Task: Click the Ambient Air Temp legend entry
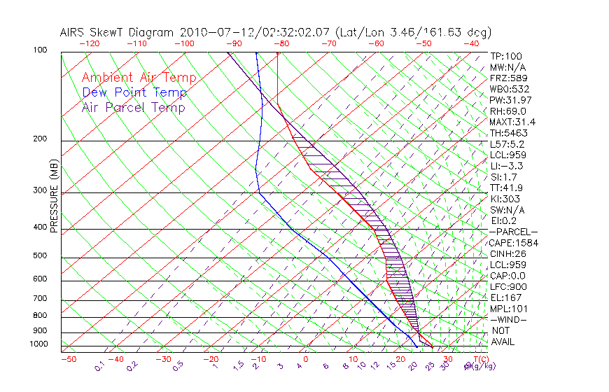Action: point(139,78)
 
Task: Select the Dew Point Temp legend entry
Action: point(134,93)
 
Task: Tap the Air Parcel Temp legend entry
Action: point(133,108)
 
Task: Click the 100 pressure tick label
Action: point(40,51)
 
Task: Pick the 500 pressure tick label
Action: point(40,256)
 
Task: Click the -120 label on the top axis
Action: point(89,43)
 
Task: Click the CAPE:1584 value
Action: point(508,243)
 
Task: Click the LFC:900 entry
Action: point(505,287)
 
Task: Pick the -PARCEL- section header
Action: point(513,232)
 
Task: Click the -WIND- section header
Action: point(508,319)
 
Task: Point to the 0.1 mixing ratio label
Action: point(99,365)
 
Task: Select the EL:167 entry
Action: point(503,297)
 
